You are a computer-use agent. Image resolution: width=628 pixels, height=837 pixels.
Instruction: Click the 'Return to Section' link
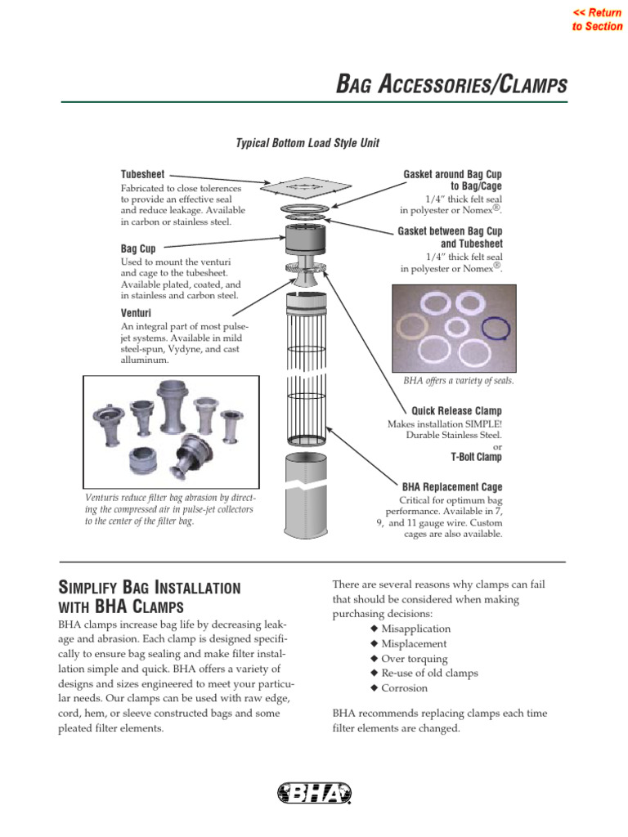pos(597,20)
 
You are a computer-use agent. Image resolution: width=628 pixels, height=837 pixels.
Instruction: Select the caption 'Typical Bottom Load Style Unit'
pos(307,143)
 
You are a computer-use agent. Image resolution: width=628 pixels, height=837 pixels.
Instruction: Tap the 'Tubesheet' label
pos(143,174)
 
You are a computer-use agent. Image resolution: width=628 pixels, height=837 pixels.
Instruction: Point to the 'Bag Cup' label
pos(138,248)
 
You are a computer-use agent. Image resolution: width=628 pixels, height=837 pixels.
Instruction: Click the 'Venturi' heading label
pos(136,312)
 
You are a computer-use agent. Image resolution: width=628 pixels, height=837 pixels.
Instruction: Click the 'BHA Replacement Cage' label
pos(452,486)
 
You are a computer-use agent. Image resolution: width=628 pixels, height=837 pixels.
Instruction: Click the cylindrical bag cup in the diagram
pos(307,241)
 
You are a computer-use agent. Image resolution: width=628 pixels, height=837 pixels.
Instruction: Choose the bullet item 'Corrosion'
pos(404,688)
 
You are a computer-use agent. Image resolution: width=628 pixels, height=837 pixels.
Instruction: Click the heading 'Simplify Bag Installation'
pos(150,588)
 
